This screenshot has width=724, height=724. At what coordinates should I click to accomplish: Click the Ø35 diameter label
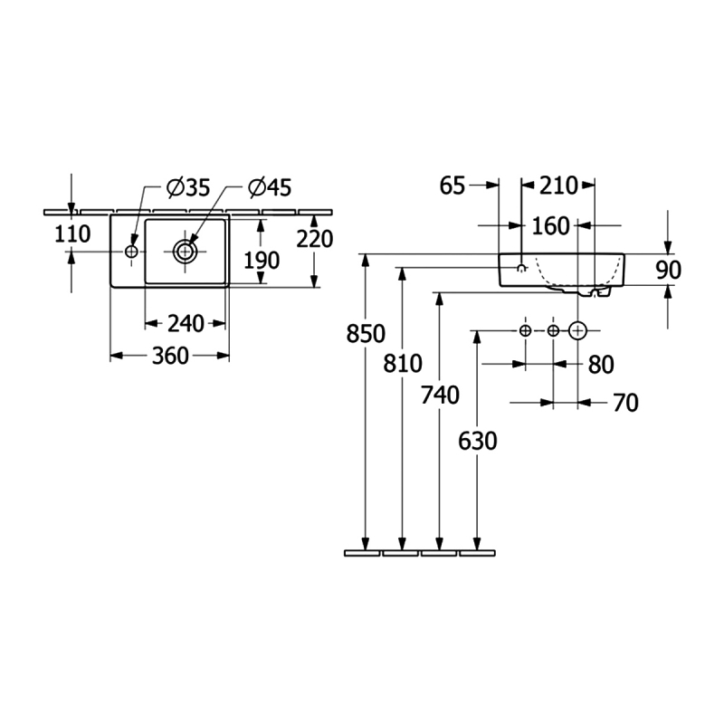(x=188, y=187)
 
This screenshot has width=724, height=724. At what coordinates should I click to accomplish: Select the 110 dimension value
(x=72, y=234)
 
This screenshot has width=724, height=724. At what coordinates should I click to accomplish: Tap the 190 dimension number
(x=261, y=261)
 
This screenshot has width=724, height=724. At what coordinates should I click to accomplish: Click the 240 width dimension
(x=185, y=322)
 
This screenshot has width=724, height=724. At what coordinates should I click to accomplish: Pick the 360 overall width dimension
(x=170, y=356)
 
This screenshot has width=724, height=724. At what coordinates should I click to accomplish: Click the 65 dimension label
(x=452, y=186)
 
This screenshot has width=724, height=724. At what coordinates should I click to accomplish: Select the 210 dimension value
(x=558, y=186)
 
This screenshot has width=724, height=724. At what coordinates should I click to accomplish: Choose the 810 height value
(x=403, y=364)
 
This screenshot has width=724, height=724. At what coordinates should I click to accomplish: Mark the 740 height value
(x=441, y=395)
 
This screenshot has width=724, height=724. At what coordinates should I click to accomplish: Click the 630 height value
(x=479, y=441)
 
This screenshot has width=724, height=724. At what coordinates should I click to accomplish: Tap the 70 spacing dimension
(x=625, y=403)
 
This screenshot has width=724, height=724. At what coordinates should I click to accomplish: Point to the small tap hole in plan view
(x=132, y=251)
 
